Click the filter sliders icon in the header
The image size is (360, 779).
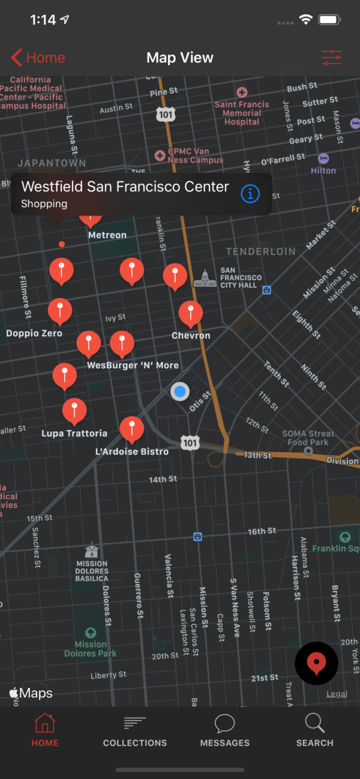(331, 58)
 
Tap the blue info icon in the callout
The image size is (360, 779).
(250, 194)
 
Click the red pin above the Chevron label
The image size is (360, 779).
(191, 312)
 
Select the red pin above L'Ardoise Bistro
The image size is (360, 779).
(131, 428)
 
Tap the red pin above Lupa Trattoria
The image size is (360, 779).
(74, 410)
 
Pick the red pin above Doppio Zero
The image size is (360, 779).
(60, 310)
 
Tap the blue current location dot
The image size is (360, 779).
(179, 392)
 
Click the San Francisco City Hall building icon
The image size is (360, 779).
(205, 278)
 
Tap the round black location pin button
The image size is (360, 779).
(316, 663)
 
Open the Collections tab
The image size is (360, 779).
(135, 730)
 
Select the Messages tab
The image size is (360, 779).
(225, 730)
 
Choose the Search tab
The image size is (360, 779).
(314, 730)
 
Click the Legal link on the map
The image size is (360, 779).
(337, 694)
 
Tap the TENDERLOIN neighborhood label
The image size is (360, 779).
(260, 251)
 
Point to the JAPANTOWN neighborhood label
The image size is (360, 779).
(52, 163)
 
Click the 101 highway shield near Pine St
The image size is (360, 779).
(166, 115)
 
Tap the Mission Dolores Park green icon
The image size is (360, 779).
(91, 633)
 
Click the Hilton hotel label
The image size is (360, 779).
(323, 170)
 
